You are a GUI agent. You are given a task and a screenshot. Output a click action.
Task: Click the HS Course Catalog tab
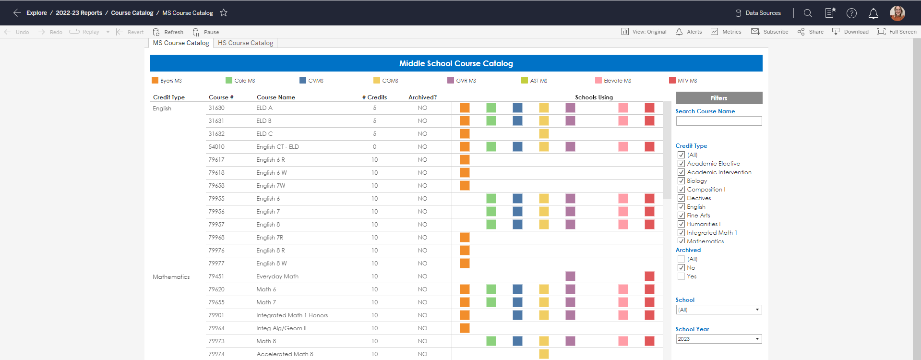245,43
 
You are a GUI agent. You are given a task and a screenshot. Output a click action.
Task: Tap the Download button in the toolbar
850,32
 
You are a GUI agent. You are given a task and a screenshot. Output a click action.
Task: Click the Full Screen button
897,32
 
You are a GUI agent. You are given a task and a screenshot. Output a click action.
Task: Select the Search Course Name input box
718,121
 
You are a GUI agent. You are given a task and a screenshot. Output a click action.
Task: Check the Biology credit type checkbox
681,181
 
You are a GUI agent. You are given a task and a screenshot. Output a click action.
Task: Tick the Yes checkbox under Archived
681,276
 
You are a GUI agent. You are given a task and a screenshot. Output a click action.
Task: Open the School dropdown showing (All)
718,310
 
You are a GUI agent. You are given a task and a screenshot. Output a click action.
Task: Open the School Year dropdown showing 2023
718,339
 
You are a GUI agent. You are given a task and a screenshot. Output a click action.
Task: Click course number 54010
216,147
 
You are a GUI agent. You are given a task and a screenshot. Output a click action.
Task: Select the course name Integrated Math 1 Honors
292,315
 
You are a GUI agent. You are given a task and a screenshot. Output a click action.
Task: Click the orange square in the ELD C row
465,134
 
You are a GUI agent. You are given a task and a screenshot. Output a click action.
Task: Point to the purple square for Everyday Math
570,276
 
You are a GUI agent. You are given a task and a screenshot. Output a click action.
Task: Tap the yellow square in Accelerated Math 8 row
544,354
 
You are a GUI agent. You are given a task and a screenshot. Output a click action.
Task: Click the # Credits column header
374,97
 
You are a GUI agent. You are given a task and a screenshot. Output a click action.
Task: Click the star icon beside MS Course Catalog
224,13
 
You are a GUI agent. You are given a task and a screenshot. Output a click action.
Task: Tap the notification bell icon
873,13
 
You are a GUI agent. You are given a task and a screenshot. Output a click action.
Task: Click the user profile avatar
897,13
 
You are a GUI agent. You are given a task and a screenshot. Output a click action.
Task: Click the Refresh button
168,32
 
